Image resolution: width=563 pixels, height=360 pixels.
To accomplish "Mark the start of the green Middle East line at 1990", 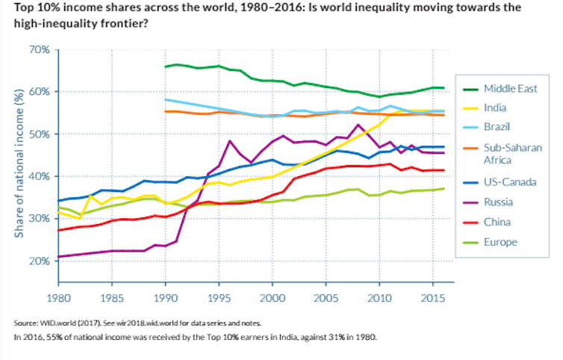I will pyautogui.click(x=165, y=66).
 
